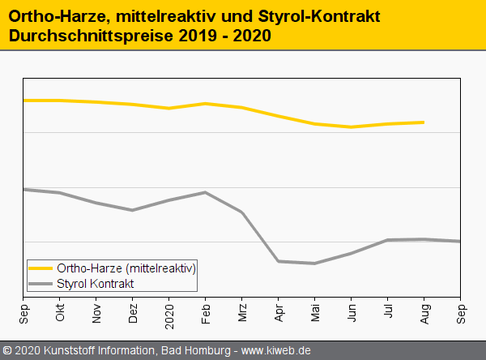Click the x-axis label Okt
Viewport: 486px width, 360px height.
pos(60,313)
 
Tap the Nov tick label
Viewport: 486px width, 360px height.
pos(96,314)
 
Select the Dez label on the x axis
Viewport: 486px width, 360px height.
pos(133,314)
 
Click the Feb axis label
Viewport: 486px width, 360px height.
pos(206,313)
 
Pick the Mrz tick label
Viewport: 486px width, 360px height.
pos(242,313)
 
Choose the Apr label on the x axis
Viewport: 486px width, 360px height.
pos(279,313)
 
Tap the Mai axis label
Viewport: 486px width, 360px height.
pos(315,313)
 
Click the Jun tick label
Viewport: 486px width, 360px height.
pos(352,313)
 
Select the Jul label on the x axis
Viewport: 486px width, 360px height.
pos(388,312)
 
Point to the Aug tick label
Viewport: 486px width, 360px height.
pos(424,314)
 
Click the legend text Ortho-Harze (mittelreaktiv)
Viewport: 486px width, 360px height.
pos(126,268)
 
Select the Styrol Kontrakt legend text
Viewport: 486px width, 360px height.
pos(96,283)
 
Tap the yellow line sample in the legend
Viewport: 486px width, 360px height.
pos(40,268)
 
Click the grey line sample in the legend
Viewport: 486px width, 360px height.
pos(40,283)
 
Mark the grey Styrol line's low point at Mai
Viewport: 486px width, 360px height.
pos(315,264)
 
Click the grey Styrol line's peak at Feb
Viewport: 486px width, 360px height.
pos(206,192)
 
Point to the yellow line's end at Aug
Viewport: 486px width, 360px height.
pos(424,122)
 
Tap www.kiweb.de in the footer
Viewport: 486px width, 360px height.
pos(276,351)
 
